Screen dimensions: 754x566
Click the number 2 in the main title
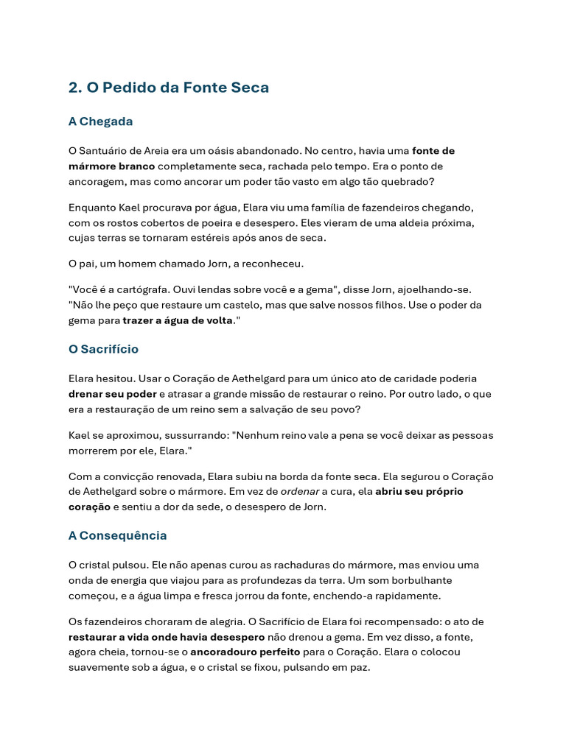click(x=73, y=88)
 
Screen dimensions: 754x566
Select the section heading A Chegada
click(x=100, y=121)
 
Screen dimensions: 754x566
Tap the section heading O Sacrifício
click(x=103, y=349)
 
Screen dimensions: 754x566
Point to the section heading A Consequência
click(x=117, y=535)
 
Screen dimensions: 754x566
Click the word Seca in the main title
click(x=252, y=88)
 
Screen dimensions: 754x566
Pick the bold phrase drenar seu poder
click(x=112, y=394)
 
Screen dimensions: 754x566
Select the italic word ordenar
click(x=299, y=491)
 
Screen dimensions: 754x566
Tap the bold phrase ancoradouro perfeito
click(x=245, y=652)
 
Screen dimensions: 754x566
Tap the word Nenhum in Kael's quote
click(x=253, y=435)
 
